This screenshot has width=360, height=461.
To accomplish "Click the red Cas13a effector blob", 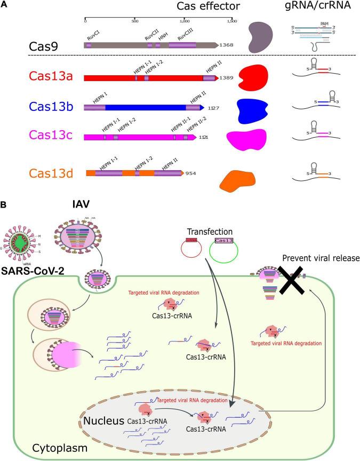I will point(254,78).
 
